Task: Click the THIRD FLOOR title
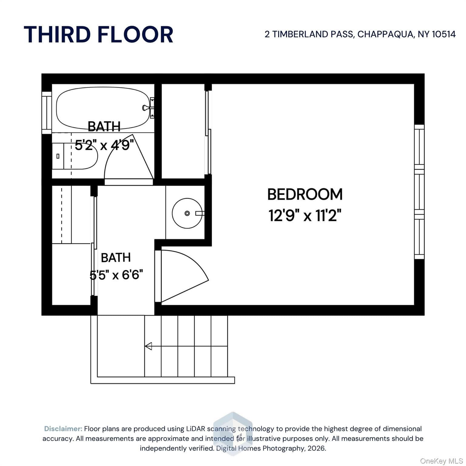click(x=98, y=34)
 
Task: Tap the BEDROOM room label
click(x=305, y=194)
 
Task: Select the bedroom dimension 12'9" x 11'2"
click(x=305, y=215)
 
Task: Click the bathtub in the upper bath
click(x=103, y=109)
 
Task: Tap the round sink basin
click(x=187, y=213)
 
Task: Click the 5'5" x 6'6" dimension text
click(x=116, y=275)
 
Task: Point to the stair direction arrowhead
click(x=148, y=346)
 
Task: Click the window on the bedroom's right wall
click(x=419, y=192)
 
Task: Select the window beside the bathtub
click(x=46, y=113)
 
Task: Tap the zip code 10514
click(x=444, y=34)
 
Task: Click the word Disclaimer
click(x=63, y=429)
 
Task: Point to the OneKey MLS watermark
click(x=441, y=461)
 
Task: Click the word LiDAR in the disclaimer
click(x=195, y=429)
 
